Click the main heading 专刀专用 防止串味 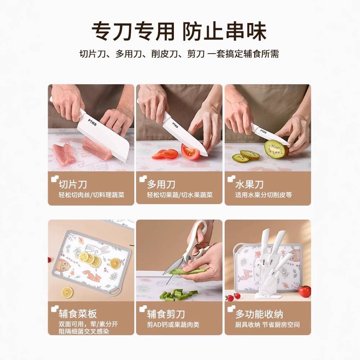[x=179, y=31]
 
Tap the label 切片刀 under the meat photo [x=73, y=184]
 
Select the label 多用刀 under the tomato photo [x=161, y=184]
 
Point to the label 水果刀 [x=249, y=184]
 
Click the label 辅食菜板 [x=78, y=314]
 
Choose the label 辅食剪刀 [x=166, y=314]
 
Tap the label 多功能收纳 [x=259, y=314]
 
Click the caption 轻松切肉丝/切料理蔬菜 [x=91, y=195]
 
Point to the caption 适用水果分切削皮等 [x=264, y=195]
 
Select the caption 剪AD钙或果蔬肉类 [x=173, y=325]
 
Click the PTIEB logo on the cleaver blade [x=93, y=122]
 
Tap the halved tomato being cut [x=191, y=152]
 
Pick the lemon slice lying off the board [x=68, y=292]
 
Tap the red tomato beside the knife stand [x=305, y=292]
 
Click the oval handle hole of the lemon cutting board [x=114, y=292]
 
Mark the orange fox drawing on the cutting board [x=91, y=276]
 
